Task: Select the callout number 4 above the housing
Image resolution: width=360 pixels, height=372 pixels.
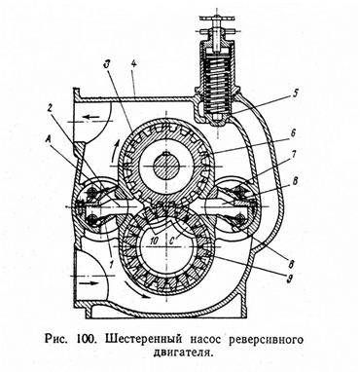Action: click(x=133, y=64)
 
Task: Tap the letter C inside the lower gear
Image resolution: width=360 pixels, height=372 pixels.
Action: click(x=173, y=241)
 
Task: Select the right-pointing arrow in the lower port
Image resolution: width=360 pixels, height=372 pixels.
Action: click(x=89, y=282)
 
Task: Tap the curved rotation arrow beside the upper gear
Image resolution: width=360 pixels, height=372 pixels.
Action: click(x=116, y=152)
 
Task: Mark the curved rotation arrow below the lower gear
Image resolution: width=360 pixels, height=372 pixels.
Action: click(x=138, y=290)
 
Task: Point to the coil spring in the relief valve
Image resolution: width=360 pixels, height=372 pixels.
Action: click(x=217, y=84)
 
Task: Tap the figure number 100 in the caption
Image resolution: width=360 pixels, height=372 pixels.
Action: click(x=87, y=340)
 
